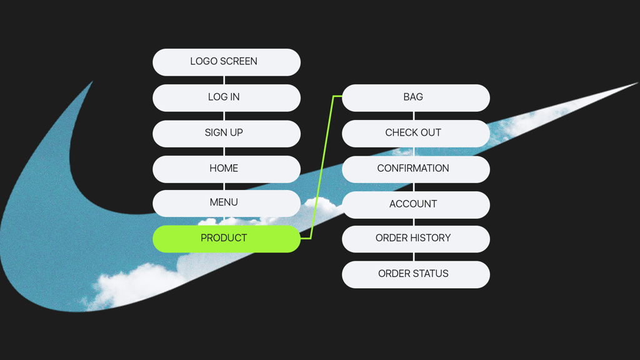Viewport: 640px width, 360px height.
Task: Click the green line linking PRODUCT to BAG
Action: tap(322, 167)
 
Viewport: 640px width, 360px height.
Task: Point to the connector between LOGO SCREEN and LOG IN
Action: tap(224, 80)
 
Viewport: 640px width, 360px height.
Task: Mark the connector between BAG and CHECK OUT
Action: tap(414, 116)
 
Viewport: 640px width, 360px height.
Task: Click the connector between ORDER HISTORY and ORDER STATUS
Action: tap(414, 257)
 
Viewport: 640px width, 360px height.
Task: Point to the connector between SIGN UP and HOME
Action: tap(224, 151)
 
